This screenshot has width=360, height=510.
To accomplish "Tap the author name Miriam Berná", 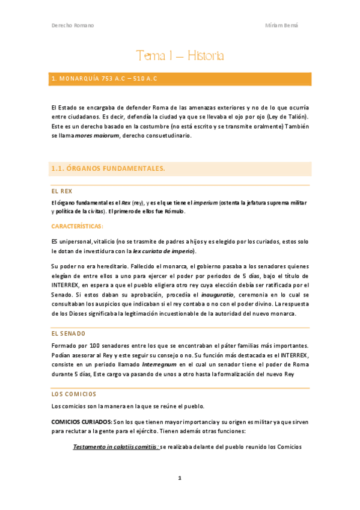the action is [x=281, y=25].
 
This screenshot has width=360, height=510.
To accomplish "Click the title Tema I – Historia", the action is [x=180, y=57].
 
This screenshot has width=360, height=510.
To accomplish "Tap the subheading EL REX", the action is [x=62, y=191].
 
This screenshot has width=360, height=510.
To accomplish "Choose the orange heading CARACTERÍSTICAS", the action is [x=77, y=226].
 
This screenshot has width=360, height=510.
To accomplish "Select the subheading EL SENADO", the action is [x=69, y=333].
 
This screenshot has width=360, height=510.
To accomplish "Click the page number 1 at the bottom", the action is [x=179, y=478].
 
